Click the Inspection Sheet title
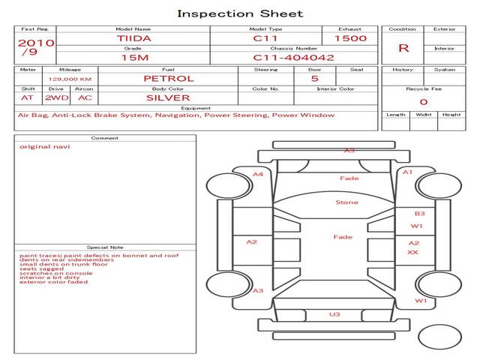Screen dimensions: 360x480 [x=240, y=13]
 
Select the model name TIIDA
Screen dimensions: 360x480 [x=133, y=37]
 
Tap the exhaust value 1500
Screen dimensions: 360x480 [x=350, y=37]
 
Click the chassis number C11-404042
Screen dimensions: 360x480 [x=293, y=57]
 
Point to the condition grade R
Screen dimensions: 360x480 [x=403, y=48]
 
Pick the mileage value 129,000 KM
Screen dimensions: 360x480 [x=70, y=79]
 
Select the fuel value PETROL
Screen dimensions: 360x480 [x=168, y=78]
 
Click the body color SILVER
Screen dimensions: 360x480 [x=168, y=97]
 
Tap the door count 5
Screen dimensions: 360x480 [x=314, y=78]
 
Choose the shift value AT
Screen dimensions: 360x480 [x=27, y=97]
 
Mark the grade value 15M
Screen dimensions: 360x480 [x=133, y=57]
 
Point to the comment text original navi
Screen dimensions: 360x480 [x=45, y=146]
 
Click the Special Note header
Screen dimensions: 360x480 [x=104, y=247]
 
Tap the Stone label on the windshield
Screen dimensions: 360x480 [x=346, y=202]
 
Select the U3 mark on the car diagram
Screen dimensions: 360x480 [x=334, y=314]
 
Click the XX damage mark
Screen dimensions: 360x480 [x=412, y=253]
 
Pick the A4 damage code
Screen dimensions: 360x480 [x=258, y=174]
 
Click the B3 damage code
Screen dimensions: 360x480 [x=419, y=214]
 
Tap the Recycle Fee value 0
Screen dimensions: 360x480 [x=424, y=101]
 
